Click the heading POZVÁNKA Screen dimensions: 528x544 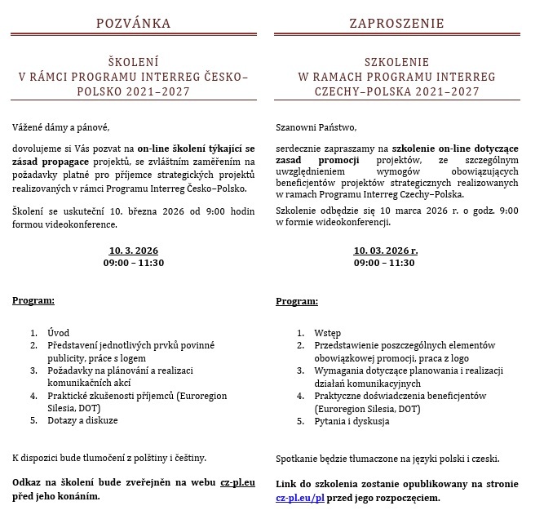point(134,23)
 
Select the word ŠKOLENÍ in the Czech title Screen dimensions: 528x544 point(134,62)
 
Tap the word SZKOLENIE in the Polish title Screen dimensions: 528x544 point(397,62)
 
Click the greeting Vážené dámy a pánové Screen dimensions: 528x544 point(60,127)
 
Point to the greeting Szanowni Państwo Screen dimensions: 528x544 point(316,127)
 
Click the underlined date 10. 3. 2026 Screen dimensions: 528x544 point(134,250)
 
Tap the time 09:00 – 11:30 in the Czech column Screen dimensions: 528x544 point(134,263)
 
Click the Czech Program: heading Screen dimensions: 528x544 point(33,301)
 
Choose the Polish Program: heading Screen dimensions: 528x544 point(297,301)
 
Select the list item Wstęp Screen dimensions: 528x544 point(327,333)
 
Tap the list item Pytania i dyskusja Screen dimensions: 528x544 point(352,421)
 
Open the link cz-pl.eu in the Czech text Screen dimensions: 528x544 point(237,482)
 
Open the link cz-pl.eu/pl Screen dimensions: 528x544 point(300,497)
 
